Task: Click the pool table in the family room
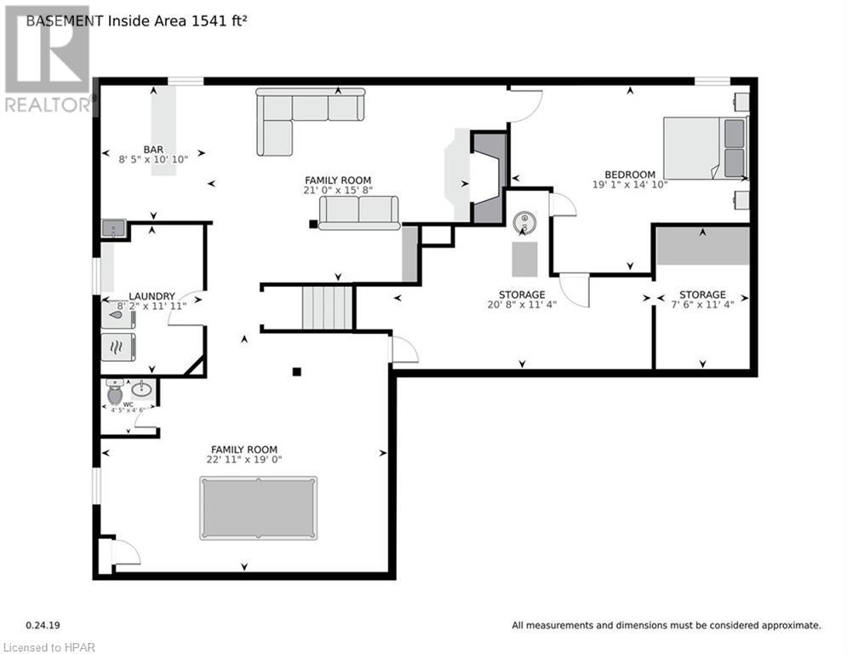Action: tap(258, 508)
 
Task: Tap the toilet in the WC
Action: tap(115, 392)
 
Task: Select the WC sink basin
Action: tap(142, 389)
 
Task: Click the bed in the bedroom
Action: tap(706, 147)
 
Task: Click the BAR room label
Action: tap(153, 150)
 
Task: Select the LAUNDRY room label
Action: tap(152, 296)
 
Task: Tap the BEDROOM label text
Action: tap(630, 175)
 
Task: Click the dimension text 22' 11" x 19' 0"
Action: tap(244, 460)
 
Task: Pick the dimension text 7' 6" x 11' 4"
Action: tap(702, 305)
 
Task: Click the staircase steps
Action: tap(327, 307)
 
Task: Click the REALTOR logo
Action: tap(48, 60)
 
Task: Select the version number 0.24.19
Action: tap(43, 625)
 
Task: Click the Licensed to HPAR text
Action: tap(49, 647)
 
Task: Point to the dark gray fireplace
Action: tap(489, 177)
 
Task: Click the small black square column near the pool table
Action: tap(296, 371)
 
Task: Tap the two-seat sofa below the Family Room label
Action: tap(358, 212)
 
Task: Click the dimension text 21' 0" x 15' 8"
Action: tap(338, 190)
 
